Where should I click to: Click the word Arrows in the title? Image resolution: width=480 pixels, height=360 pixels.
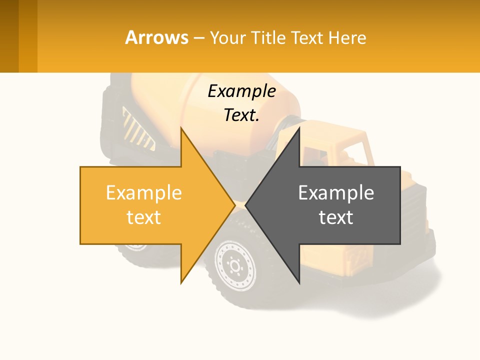157,37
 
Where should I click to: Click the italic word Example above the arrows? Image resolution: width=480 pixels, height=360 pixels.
241,91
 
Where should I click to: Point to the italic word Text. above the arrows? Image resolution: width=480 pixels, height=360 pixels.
241,115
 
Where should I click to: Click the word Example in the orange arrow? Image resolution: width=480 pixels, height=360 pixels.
143,193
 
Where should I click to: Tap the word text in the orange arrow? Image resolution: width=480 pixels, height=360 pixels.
143,217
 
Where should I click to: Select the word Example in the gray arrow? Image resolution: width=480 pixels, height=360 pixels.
336,193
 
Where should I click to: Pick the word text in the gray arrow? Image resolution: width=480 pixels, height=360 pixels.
336,217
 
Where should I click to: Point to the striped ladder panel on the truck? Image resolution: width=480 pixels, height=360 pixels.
137,130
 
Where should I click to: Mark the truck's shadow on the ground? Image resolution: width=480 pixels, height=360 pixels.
400,295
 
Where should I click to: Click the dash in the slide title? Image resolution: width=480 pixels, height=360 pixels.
198,38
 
